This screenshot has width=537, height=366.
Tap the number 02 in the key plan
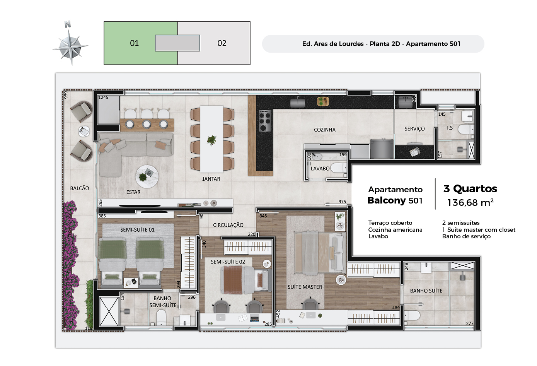pos(222,43)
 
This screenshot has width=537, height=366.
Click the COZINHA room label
pos(325,130)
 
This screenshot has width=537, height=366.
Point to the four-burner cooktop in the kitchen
pos(265,121)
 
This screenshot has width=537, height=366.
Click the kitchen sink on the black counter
pos(297,103)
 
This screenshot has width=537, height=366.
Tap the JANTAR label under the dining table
pos(211,179)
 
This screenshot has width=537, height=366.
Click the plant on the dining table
pos(211,140)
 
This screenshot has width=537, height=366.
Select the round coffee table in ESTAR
pos(147,177)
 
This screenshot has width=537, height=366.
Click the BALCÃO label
pos(80,188)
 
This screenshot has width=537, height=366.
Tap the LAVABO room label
pos(320,169)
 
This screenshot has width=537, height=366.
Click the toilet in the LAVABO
pos(339,168)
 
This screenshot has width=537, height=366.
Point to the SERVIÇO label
pos(414,129)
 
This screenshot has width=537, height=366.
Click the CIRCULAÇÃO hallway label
pos(228,225)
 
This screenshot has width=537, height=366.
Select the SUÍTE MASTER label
pos(305,287)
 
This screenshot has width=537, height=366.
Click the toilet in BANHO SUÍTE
pos(412,315)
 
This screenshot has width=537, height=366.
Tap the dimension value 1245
pos(103,97)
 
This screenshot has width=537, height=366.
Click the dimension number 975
pos(342,202)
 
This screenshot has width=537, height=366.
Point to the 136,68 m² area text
pos(470,203)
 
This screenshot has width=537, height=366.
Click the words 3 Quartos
pos(470,189)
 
